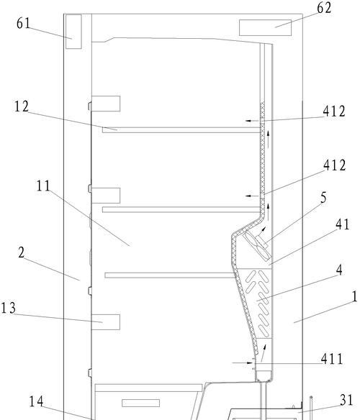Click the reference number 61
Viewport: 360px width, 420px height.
(x=23, y=23)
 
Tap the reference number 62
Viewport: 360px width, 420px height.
(x=324, y=8)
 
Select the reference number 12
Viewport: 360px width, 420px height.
(x=22, y=106)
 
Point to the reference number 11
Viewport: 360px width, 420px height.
(x=43, y=186)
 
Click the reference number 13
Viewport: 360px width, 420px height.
(x=9, y=308)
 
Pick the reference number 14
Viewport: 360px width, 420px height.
(x=36, y=401)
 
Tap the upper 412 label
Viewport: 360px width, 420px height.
(x=334, y=111)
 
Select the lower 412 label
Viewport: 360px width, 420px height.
(x=335, y=165)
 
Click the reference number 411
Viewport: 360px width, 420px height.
(x=332, y=359)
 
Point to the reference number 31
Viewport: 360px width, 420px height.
(x=346, y=400)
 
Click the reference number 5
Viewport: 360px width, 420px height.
(x=324, y=198)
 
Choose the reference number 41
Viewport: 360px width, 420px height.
(x=343, y=224)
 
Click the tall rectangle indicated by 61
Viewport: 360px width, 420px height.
(x=73, y=32)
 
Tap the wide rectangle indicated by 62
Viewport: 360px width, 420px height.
(x=265, y=27)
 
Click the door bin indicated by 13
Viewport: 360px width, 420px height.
(x=106, y=322)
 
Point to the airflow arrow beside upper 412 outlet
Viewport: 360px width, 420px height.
(x=252, y=121)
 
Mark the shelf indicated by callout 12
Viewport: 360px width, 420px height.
(x=181, y=130)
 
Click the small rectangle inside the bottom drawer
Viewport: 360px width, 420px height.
(x=141, y=403)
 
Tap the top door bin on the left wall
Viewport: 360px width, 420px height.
(x=106, y=104)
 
